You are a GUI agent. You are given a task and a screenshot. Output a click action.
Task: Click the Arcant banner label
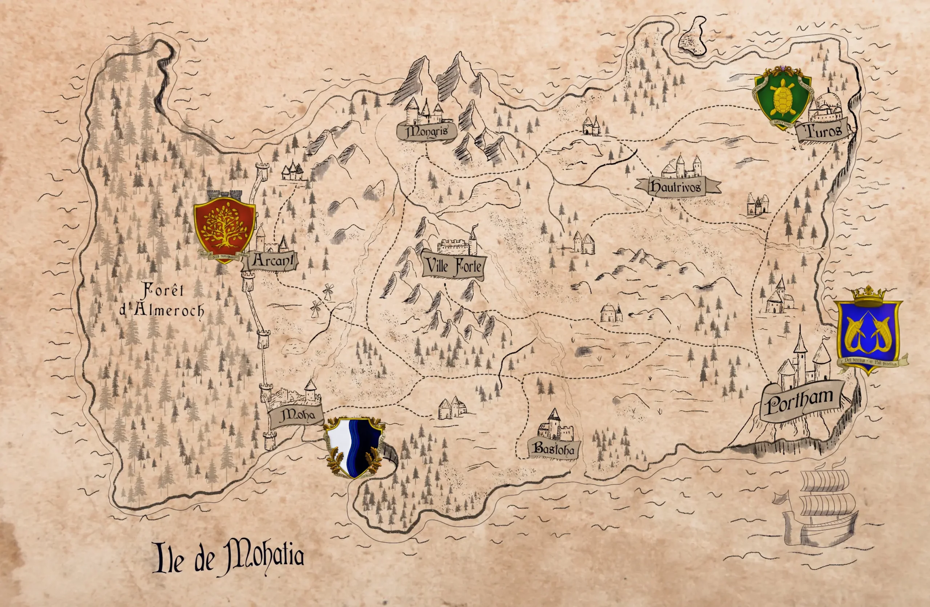click(x=272, y=261)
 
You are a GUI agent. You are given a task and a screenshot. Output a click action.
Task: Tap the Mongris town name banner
click(x=427, y=132)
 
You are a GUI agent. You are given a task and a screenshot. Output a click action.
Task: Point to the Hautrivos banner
click(x=677, y=187)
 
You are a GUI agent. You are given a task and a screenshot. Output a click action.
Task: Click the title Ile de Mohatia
click(x=229, y=557)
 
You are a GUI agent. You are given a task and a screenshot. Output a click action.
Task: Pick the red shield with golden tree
click(x=225, y=228)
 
